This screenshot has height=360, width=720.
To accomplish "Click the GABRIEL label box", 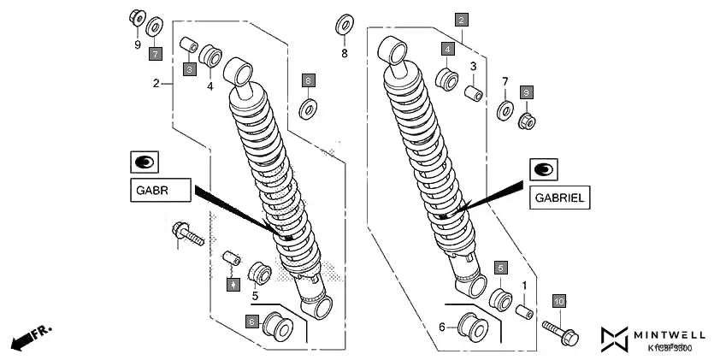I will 559,198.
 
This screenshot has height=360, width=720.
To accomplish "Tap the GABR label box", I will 160,190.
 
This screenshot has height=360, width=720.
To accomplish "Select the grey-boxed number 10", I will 558,302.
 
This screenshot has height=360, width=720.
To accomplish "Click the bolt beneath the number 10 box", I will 560,333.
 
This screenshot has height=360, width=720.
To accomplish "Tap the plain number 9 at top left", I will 137,44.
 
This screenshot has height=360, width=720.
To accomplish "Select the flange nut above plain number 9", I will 136,17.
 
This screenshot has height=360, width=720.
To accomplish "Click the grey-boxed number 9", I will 527,92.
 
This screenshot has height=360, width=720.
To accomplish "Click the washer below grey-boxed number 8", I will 309,109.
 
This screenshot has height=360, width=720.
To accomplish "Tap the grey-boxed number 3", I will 190,69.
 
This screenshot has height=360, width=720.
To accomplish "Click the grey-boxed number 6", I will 251,322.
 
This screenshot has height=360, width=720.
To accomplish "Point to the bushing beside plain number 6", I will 469,327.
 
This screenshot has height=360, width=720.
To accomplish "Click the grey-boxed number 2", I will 461,19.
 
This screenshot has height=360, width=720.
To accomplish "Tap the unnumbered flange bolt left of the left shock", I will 187,233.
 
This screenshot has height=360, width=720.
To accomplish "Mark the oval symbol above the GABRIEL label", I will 542,168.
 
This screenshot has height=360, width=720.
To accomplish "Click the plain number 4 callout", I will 210,85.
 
